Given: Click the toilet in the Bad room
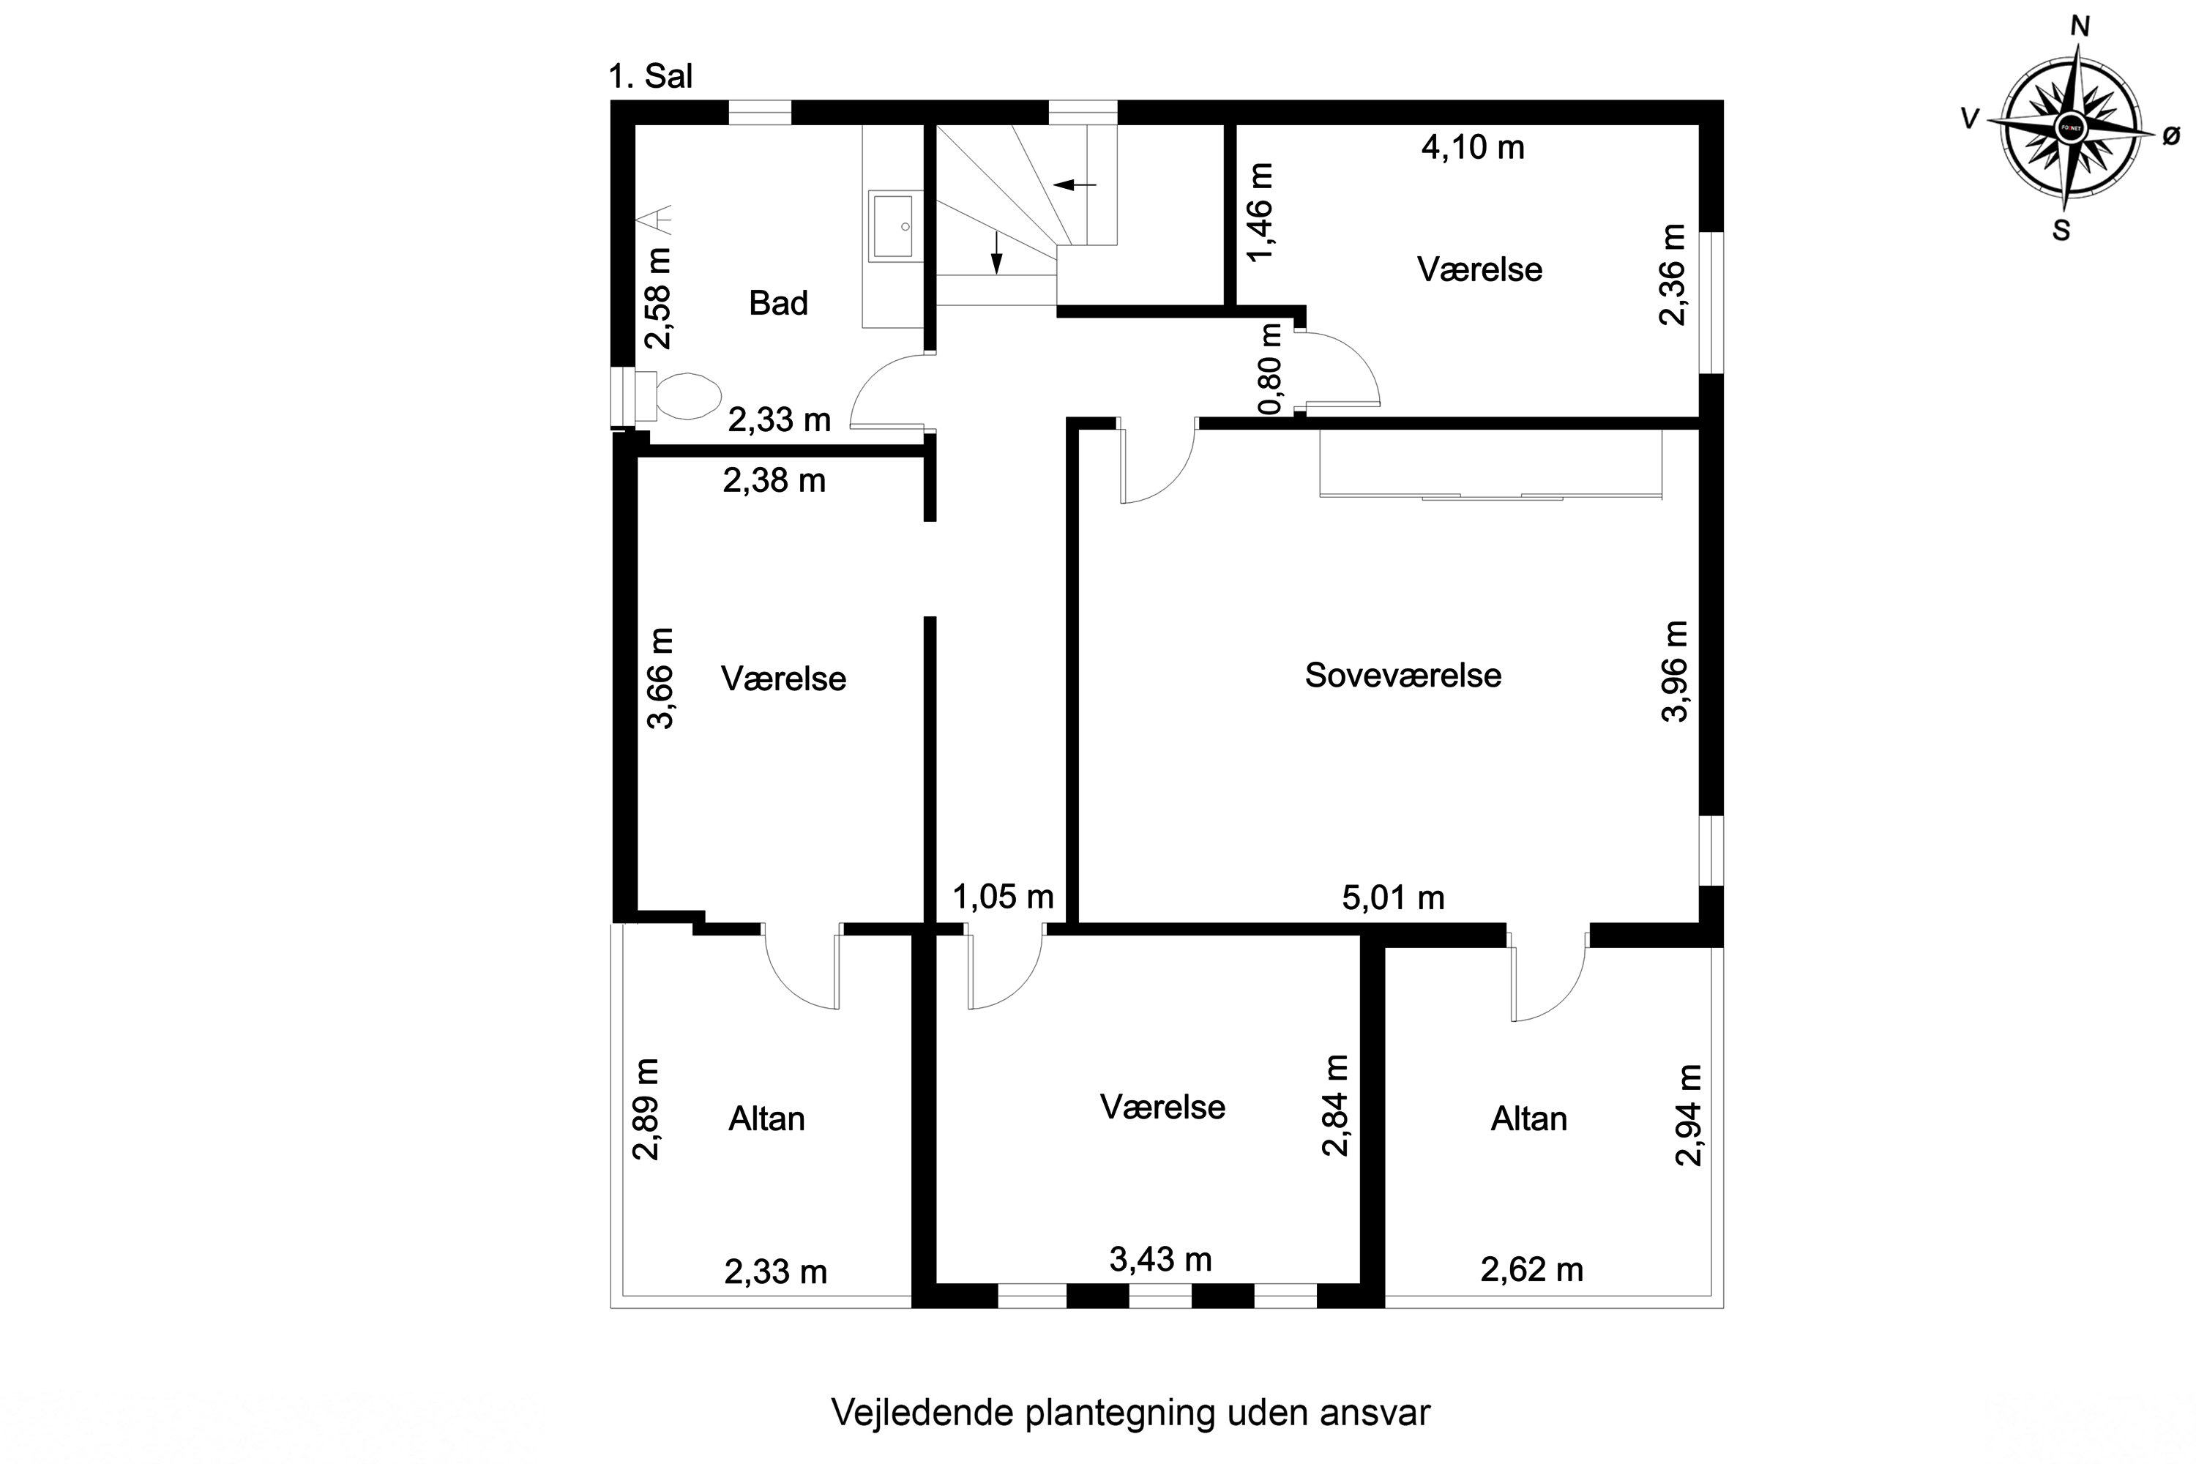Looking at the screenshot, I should [684, 396].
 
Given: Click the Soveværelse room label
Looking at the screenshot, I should [1403, 675].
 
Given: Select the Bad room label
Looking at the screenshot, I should [777, 304].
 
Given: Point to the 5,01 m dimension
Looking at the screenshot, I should [1393, 898].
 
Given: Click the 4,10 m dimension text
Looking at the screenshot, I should [1472, 148].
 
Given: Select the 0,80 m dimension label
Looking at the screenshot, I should [1271, 369].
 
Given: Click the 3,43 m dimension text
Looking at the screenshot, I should [1160, 1260].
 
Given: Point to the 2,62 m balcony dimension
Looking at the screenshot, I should [1531, 1270].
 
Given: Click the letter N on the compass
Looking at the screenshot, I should [2080, 27].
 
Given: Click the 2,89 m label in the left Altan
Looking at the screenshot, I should [646, 1109].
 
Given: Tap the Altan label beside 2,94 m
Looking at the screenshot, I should [1528, 1118].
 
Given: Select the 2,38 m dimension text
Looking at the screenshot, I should [774, 481].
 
